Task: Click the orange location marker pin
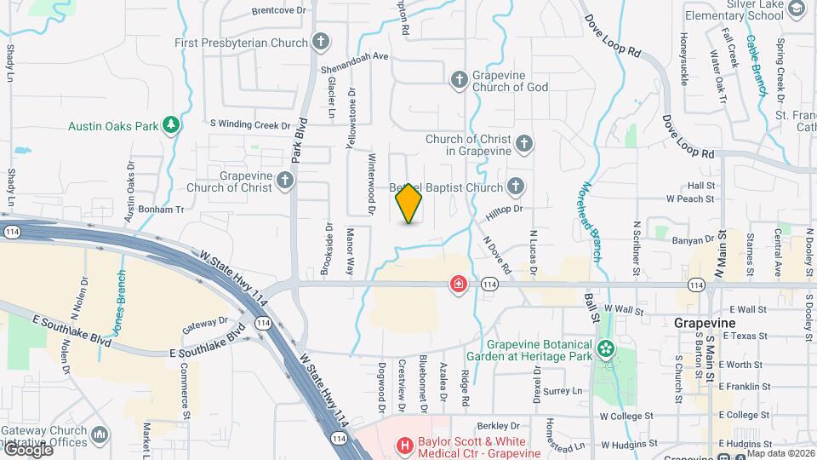coord(409,204)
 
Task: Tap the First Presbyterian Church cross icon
coord(321,42)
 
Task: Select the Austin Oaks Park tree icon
coord(172,125)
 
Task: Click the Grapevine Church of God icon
coord(459,79)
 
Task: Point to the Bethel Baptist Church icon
coord(515,186)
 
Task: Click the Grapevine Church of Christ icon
coord(285,180)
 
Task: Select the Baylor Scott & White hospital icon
coord(405,445)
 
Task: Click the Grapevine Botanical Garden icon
coord(606,348)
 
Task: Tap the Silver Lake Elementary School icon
coord(797,9)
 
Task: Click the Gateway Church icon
coord(100,436)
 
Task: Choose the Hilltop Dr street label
coord(504,208)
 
